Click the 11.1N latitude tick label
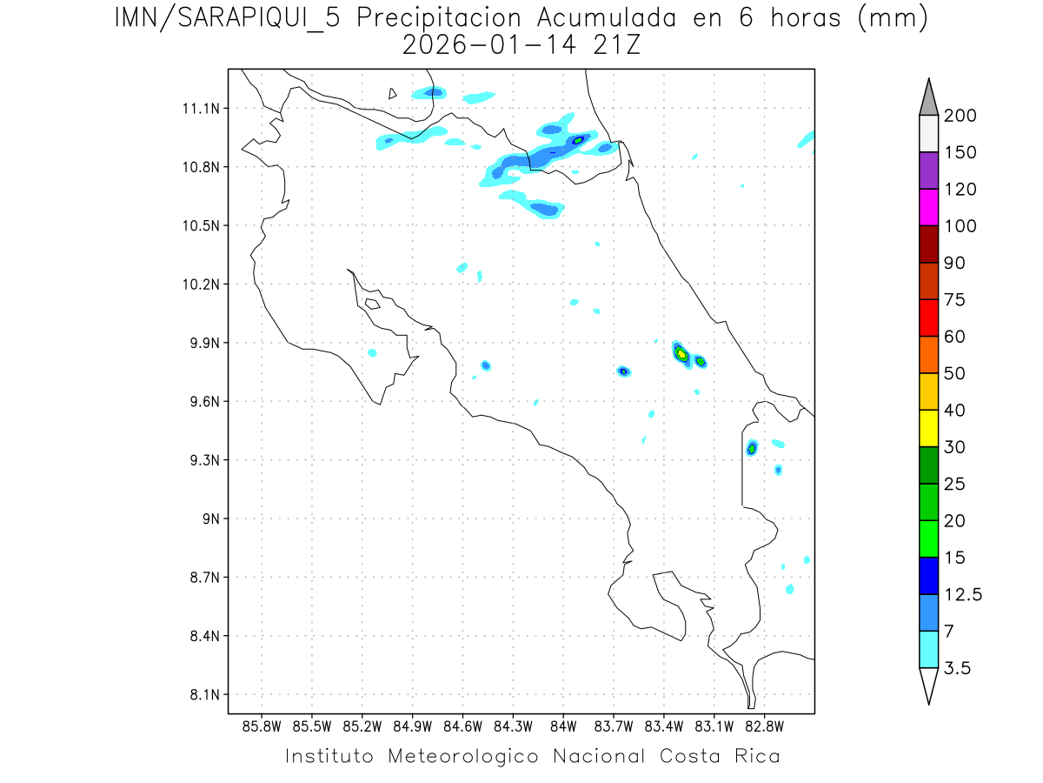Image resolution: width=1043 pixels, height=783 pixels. point(198,109)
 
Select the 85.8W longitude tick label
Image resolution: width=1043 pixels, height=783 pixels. point(262,726)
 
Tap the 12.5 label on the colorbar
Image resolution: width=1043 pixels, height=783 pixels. point(963,594)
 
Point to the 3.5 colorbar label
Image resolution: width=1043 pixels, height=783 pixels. point(959,668)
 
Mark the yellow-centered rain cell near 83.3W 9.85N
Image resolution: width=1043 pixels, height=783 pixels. point(681,353)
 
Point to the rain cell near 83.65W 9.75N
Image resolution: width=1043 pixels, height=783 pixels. point(623,371)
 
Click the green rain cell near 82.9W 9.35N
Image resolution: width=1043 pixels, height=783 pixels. point(752,448)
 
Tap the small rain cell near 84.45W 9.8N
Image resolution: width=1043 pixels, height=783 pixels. point(486,365)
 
